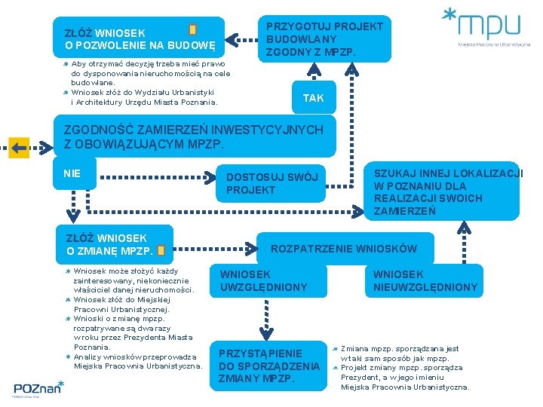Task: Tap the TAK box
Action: pyautogui.click(x=313, y=98)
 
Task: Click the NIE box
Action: pyautogui.click(x=73, y=173)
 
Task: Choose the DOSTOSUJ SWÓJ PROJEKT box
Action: pyautogui.click(x=272, y=183)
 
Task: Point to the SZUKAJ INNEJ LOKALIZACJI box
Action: pyautogui.click(x=445, y=191)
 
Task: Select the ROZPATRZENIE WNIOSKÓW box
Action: pyautogui.click(x=343, y=249)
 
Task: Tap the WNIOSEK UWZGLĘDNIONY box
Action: pyautogui.click(x=264, y=280)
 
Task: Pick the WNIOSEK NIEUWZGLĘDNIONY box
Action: pyautogui.click(x=425, y=280)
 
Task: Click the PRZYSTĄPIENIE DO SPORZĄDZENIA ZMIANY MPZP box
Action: pyautogui.click(x=268, y=366)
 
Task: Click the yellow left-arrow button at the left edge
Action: pyautogui.click(x=19, y=146)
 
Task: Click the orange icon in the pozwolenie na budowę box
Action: pyautogui.click(x=193, y=30)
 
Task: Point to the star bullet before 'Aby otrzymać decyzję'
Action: pyautogui.click(x=66, y=65)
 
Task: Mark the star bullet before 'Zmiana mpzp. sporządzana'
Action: pyautogui.click(x=336, y=349)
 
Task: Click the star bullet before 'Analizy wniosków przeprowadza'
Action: pyautogui.click(x=67, y=357)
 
